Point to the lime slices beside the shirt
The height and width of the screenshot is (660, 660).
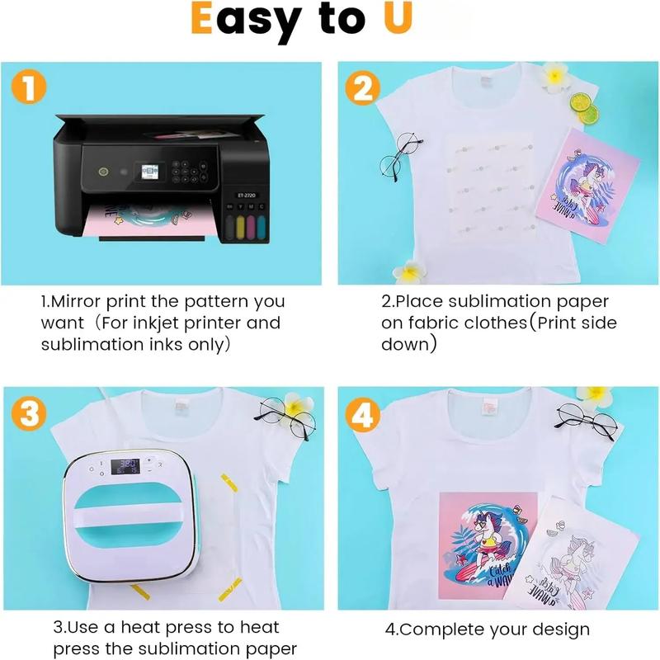[584, 108]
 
